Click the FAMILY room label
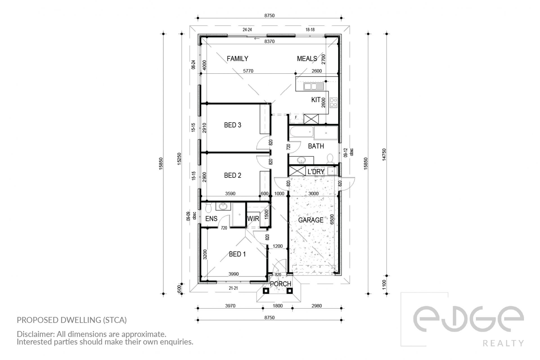click(237, 59)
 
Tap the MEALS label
click(307, 59)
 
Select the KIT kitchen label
click(316, 100)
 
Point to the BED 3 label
click(233, 125)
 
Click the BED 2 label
click(233, 175)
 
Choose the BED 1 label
click(237, 254)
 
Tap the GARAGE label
click(311, 220)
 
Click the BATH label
click(316, 146)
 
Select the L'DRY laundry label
click(316, 172)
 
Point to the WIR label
click(253, 219)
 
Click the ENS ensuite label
click(211, 219)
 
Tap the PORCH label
click(280, 284)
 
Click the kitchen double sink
click(310, 86)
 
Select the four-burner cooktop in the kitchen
click(334, 102)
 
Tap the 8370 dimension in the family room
click(269, 41)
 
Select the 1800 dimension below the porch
click(278, 306)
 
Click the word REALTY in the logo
click(503, 343)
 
